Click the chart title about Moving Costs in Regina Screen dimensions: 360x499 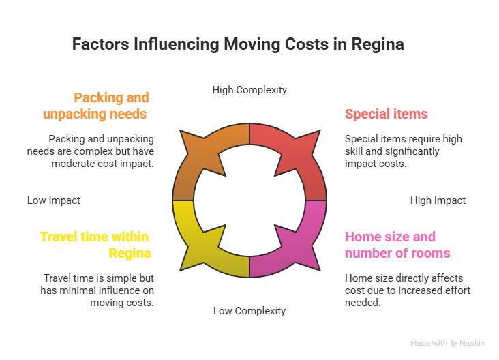pos(239,45)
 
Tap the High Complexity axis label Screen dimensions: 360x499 pos(249,90)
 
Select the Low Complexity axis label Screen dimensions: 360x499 pos(249,311)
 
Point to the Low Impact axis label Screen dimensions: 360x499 pos(54,200)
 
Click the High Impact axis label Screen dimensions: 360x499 pos(438,200)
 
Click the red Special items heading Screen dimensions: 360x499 pos(386,114)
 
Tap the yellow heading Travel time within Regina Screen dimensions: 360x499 pos(95,245)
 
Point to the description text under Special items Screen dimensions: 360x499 pos(403,151)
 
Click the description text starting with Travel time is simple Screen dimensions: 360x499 pos(98,290)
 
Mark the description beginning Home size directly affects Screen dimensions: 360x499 pos(407,290)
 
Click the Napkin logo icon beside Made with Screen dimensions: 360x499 pos(454,344)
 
